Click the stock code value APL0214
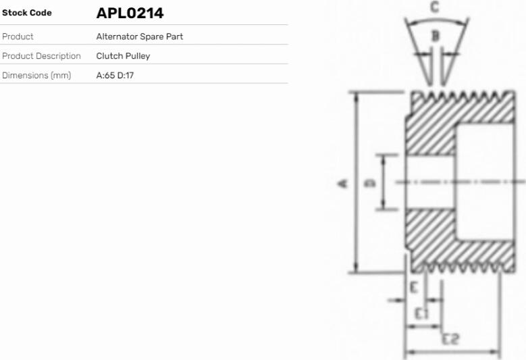click(130, 13)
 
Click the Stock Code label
click(27, 13)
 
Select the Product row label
click(18, 36)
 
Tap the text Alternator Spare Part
click(140, 36)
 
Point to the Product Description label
click(41, 55)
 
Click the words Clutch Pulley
click(123, 55)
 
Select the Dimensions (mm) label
click(36, 75)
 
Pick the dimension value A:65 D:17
click(115, 75)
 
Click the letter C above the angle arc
click(435, 7)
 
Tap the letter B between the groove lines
click(435, 35)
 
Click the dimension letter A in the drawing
click(342, 184)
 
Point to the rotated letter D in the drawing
click(370, 183)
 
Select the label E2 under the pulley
click(450, 339)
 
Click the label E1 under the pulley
click(421, 313)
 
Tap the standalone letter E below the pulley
click(414, 287)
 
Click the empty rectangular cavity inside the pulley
click(485, 182)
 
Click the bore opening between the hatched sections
click(430, 182)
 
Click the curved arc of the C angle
click(436, 20)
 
